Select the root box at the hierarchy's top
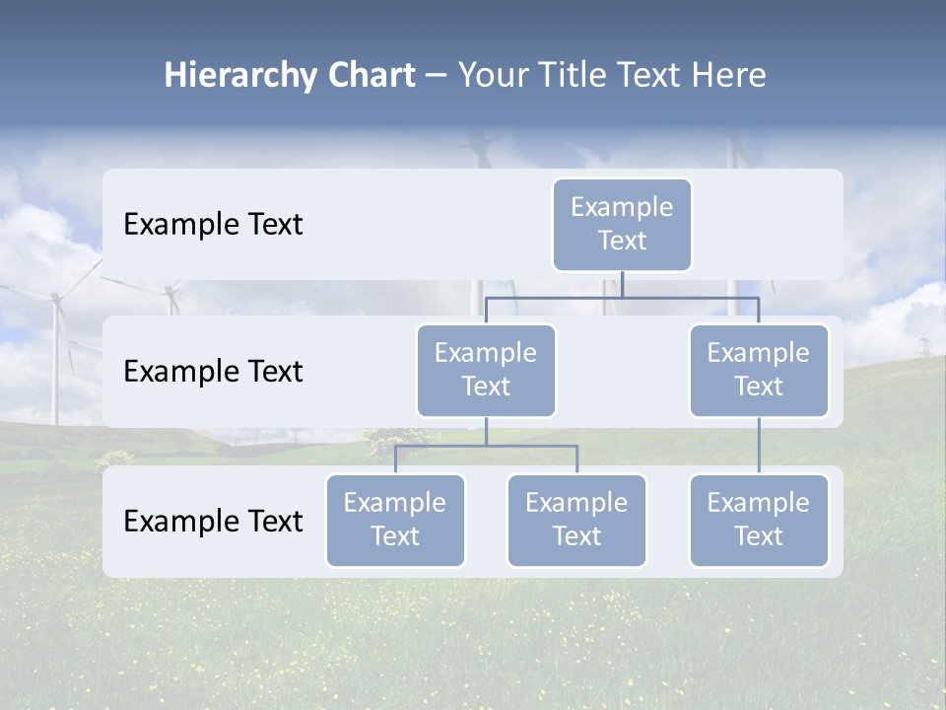pyautogui.click(x=622, y=224)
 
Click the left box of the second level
pyautogui.click(x=486, y=370)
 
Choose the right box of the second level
pyautogui.click(x=759, y=370)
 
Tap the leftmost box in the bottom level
pyautogui.click(x=395, y=520)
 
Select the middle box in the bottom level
pyautogui.click(x=576, y=520)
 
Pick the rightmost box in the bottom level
pyautogui.click(x=759, y=520)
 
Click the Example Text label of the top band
pyautogui.click(x=213, y=224)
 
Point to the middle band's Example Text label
pyautogui.click(x=213, y=371)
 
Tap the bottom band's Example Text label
pyautogui.click(x=213, y=521)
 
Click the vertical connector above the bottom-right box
pyautogui.click(x=759, y=445)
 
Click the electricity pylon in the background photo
pyautogui.click(x=924, y=346)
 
